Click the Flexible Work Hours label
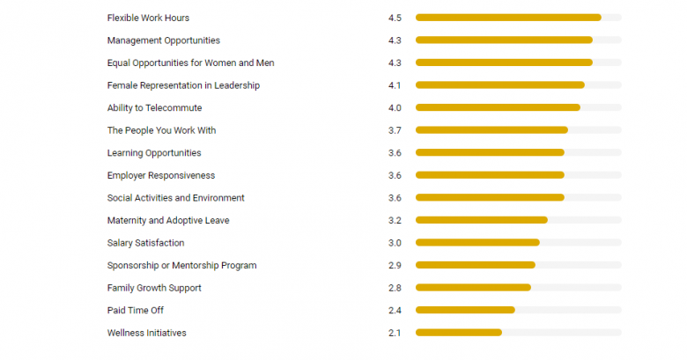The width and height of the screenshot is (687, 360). point(148,18)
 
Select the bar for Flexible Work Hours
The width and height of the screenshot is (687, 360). point(508,18)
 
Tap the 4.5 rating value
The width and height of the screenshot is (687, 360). point(395,18)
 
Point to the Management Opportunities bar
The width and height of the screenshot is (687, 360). point(504,40)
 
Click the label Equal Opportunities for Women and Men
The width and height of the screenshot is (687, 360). point(190,63)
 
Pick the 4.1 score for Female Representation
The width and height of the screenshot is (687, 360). point(395,85)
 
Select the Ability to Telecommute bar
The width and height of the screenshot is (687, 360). point(498,108)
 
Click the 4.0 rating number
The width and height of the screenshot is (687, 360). point(395,108)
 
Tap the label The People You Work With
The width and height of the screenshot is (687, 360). point(161,130)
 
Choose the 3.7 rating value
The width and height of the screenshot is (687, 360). point(395,130)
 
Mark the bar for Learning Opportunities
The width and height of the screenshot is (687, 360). point(490,153)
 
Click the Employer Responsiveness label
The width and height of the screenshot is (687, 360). point(160,175)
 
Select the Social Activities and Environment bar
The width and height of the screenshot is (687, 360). point(490,198)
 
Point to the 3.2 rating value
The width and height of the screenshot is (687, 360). point(395,220)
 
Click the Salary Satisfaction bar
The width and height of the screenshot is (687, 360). point(477,243)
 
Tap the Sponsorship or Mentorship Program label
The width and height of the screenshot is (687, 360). point(181,265)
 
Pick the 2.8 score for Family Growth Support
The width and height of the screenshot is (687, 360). point(395,288)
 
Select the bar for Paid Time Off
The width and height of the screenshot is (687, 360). point(465,310)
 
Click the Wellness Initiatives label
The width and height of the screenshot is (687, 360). point(146,333)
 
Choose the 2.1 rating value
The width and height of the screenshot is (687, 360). point(395,333)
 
